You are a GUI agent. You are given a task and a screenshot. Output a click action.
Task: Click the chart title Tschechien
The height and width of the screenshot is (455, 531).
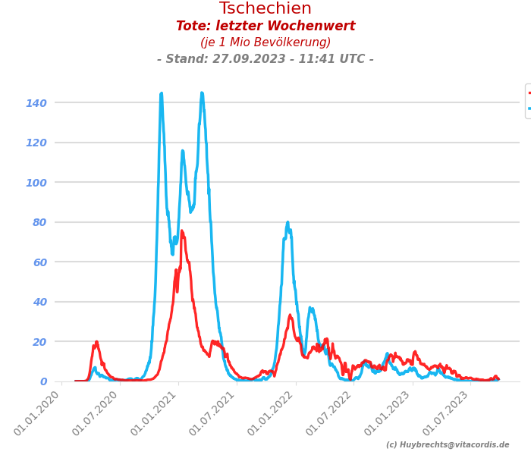[x=265, y=9]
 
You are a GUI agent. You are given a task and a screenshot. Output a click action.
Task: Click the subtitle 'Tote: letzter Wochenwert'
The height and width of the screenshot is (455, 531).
[x=265, y=27]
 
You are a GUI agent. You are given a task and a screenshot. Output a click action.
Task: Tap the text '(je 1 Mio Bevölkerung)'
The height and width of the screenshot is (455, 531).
[x=265, y=42]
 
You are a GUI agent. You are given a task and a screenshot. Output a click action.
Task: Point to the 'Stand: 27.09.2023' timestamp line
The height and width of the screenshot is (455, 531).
[x=265, y=59]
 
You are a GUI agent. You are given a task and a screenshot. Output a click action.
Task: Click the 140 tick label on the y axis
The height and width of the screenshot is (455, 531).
[x=36, y=103]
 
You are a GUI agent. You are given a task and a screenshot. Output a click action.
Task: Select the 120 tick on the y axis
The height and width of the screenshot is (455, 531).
[x=36, y=143]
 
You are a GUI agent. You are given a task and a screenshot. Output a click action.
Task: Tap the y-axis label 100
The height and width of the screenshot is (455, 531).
[x=36, y=183]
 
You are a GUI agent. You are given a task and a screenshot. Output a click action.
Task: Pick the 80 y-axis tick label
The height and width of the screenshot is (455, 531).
[x=39, y=222]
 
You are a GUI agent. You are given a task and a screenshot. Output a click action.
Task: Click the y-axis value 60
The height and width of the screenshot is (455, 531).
[x=39, y=262]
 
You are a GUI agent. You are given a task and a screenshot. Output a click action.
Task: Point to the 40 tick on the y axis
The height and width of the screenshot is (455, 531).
[x=39, y=302]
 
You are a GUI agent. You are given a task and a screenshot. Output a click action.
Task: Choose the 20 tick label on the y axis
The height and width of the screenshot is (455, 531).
[x=39, y=342]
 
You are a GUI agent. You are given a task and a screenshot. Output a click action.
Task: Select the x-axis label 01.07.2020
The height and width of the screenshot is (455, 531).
[x=96, y=414]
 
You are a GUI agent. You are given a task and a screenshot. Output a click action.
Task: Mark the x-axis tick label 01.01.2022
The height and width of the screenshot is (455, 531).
[x=272, y=414]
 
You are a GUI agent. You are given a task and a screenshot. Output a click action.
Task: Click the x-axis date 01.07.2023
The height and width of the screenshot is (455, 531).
[x=448, y=414]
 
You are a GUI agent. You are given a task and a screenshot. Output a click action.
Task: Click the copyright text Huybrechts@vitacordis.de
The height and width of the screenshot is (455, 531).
[x=448, y=445]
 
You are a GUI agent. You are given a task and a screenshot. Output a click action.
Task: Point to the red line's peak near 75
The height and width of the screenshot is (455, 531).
[x=182, y=231]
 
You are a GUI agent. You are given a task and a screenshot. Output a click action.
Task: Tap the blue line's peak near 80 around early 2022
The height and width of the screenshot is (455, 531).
[x=287, y=223]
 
